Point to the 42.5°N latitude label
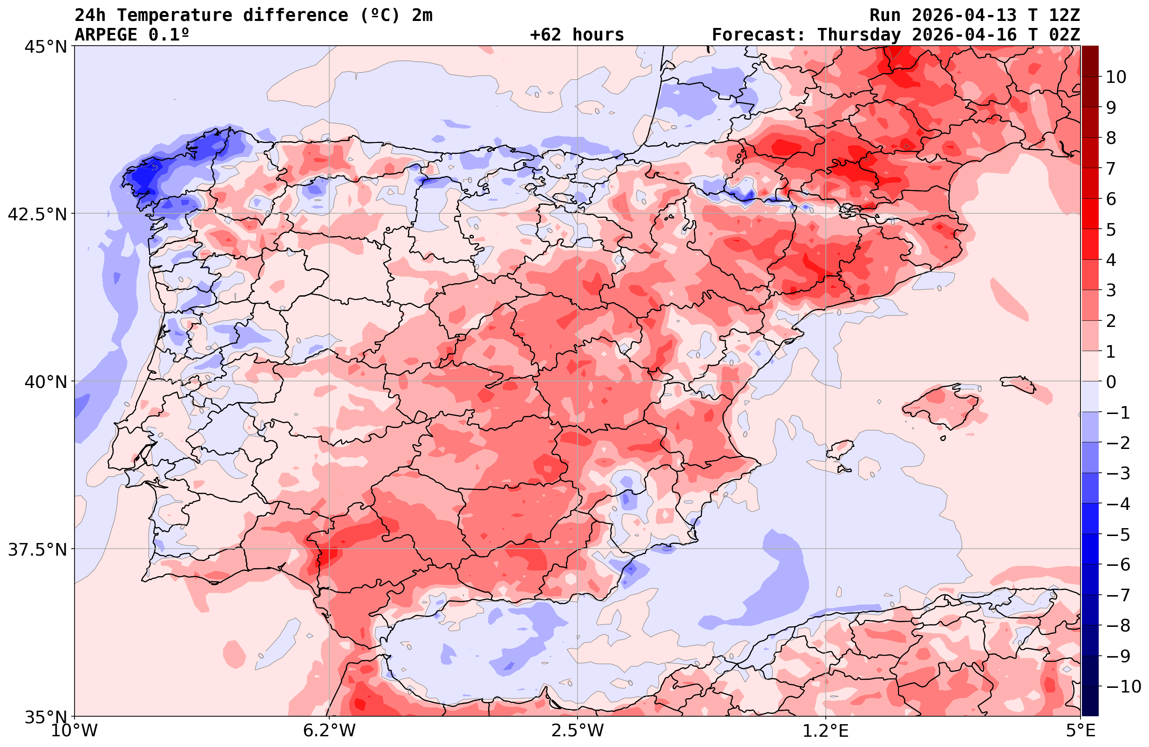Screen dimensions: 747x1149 point(37,214)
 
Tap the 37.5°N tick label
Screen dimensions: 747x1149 point(37,550)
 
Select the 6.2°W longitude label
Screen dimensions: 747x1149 point(329,731)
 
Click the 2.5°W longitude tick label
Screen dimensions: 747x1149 point(578,731)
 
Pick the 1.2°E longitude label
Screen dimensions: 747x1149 point(826,731)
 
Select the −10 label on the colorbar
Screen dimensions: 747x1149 point(1123,686)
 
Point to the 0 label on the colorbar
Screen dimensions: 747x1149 point(1111,382)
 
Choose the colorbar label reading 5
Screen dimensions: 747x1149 point(1111,230)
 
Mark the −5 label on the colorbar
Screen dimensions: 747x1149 point(1117,535)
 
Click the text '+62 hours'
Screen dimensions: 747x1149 point(577,35)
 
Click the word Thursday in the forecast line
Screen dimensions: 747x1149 point(859,35)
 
